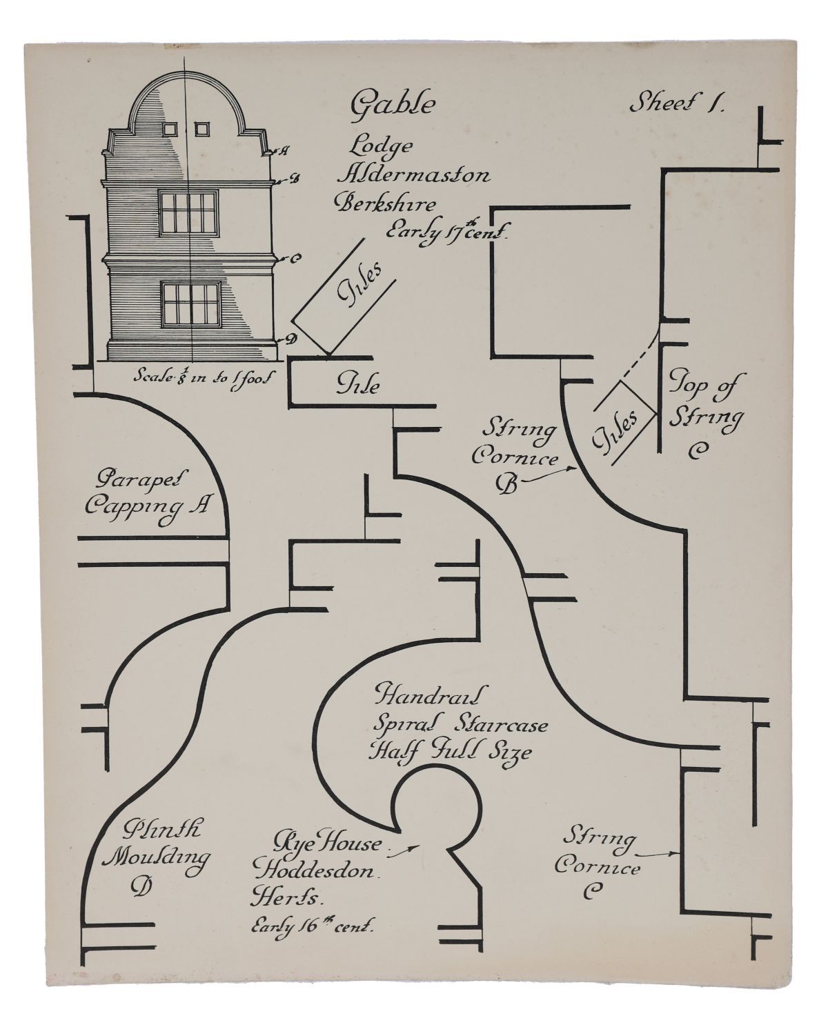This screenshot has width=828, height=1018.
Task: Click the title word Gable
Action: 393,106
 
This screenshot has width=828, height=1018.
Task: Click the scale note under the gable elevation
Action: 204,377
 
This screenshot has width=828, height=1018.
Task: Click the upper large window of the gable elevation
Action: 188,212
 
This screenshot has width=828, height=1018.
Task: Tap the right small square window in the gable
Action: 201,128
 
